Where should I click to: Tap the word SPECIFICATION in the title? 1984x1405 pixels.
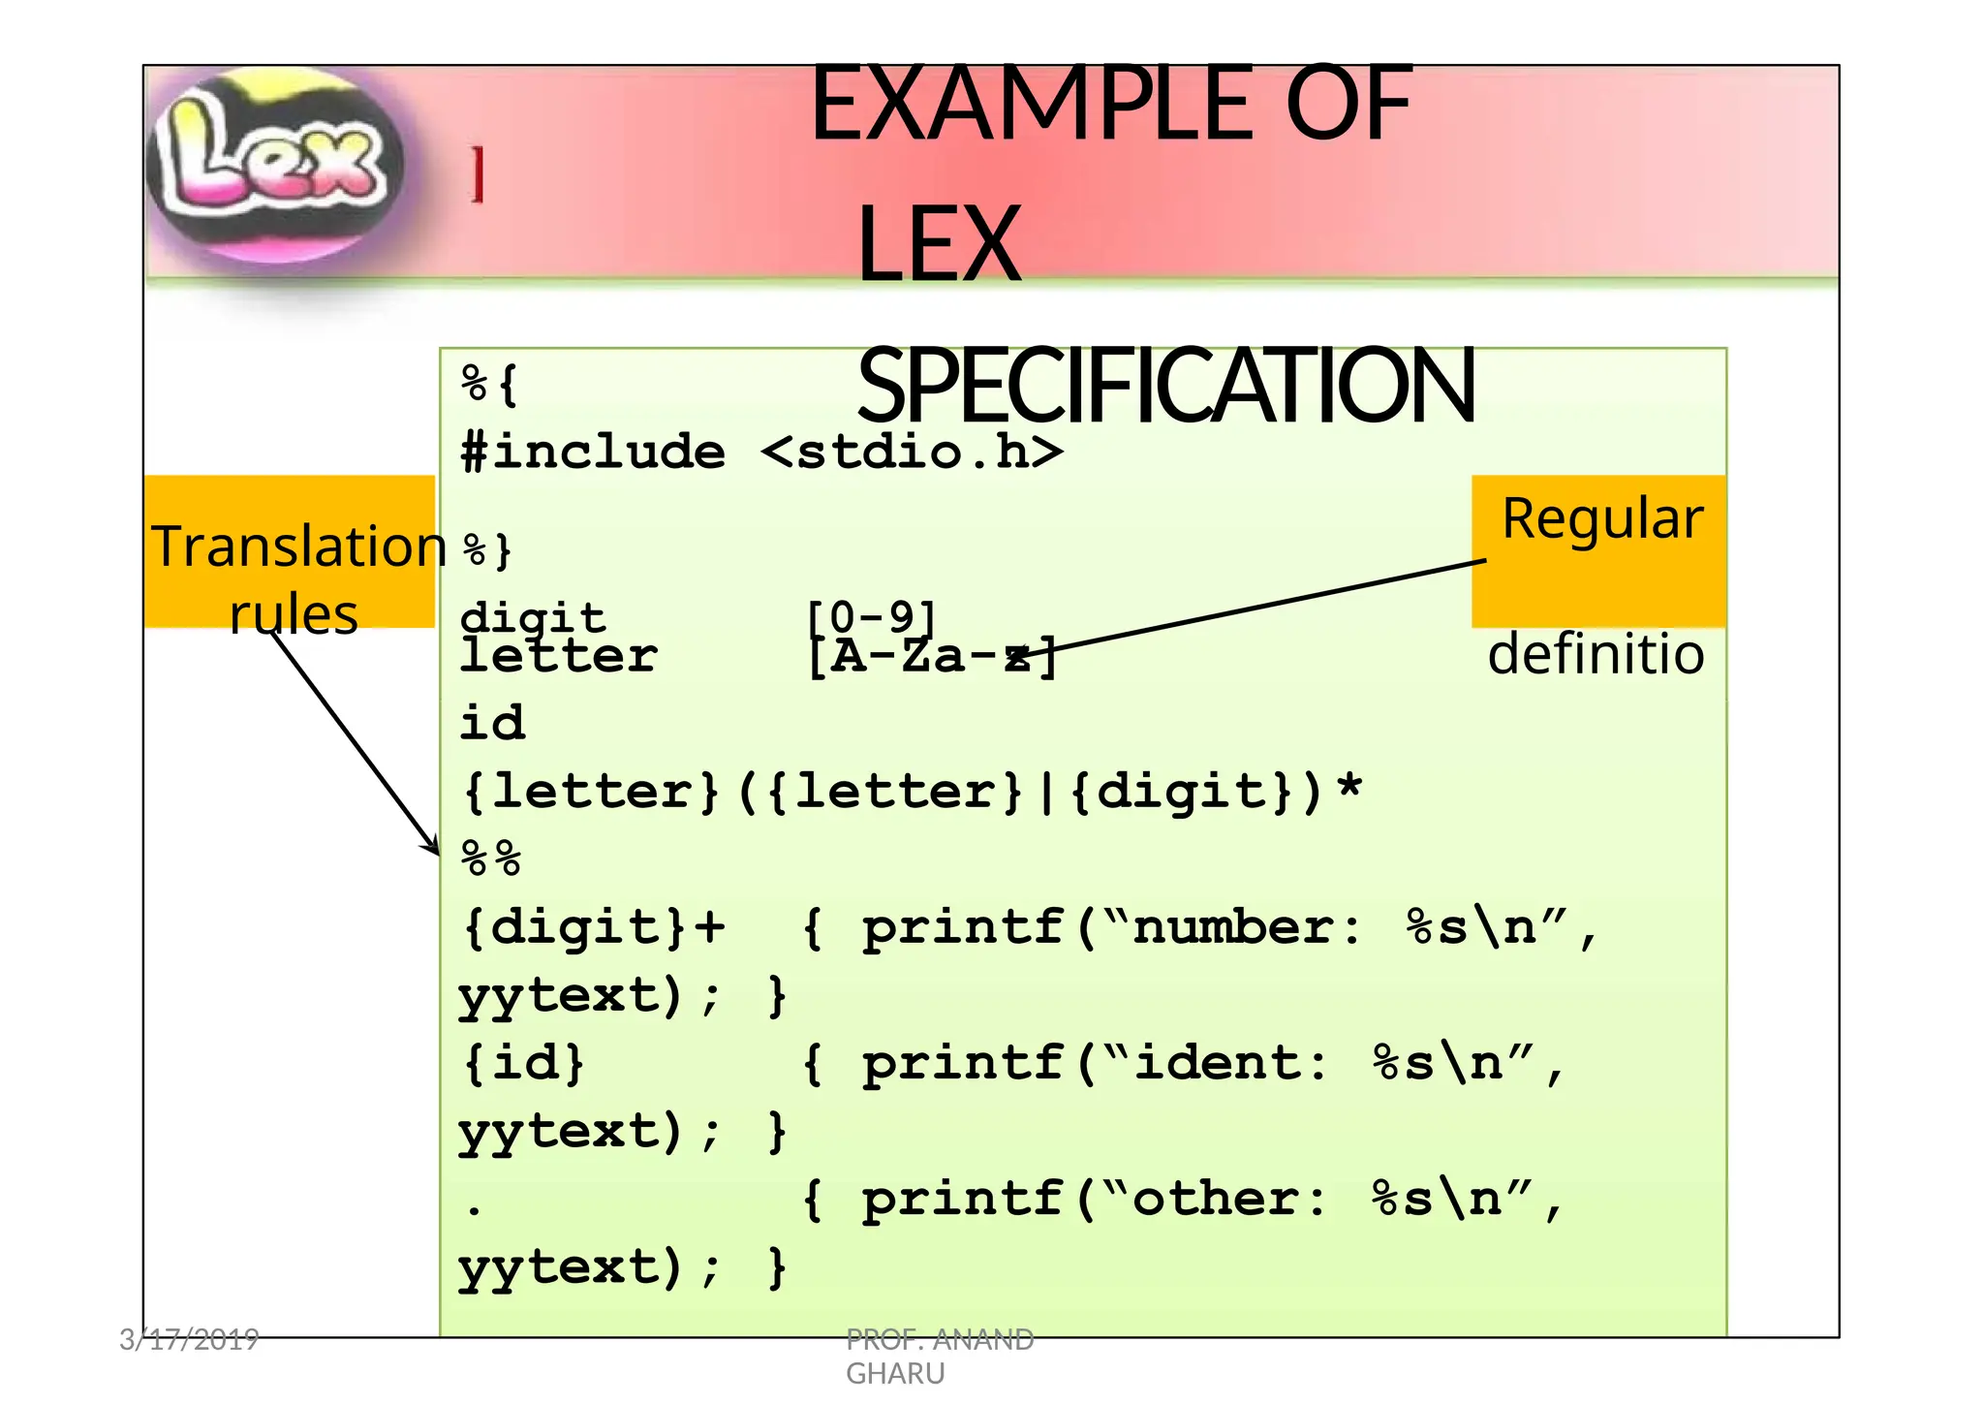tap(1166, 386)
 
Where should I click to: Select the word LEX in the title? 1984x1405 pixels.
tap(939, 244)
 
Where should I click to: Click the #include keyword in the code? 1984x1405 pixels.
tap(593, 453)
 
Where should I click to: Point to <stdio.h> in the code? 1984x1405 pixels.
tap(912, 453)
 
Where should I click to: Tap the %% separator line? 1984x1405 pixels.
tap(491, 859)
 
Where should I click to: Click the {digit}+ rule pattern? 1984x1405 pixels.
tap(594, 927)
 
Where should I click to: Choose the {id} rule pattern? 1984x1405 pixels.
tap(524, 1063)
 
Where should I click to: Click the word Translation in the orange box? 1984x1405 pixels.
tap(298, 546)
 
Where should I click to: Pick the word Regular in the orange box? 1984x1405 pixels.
tap(1602, 518)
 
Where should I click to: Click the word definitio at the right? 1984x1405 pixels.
tap(1596, 654)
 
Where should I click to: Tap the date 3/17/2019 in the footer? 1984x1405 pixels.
tap(189, 1339)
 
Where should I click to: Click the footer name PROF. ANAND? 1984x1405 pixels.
tap(940, 1339)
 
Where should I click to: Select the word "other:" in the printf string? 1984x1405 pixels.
tap(1229, 1199)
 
